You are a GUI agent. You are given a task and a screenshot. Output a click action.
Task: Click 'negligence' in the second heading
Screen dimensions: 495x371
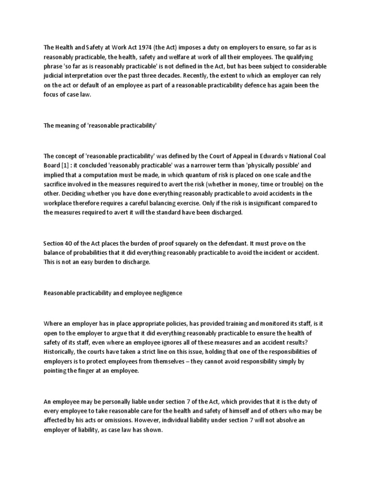pyautogui.click(x=165, y=293)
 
